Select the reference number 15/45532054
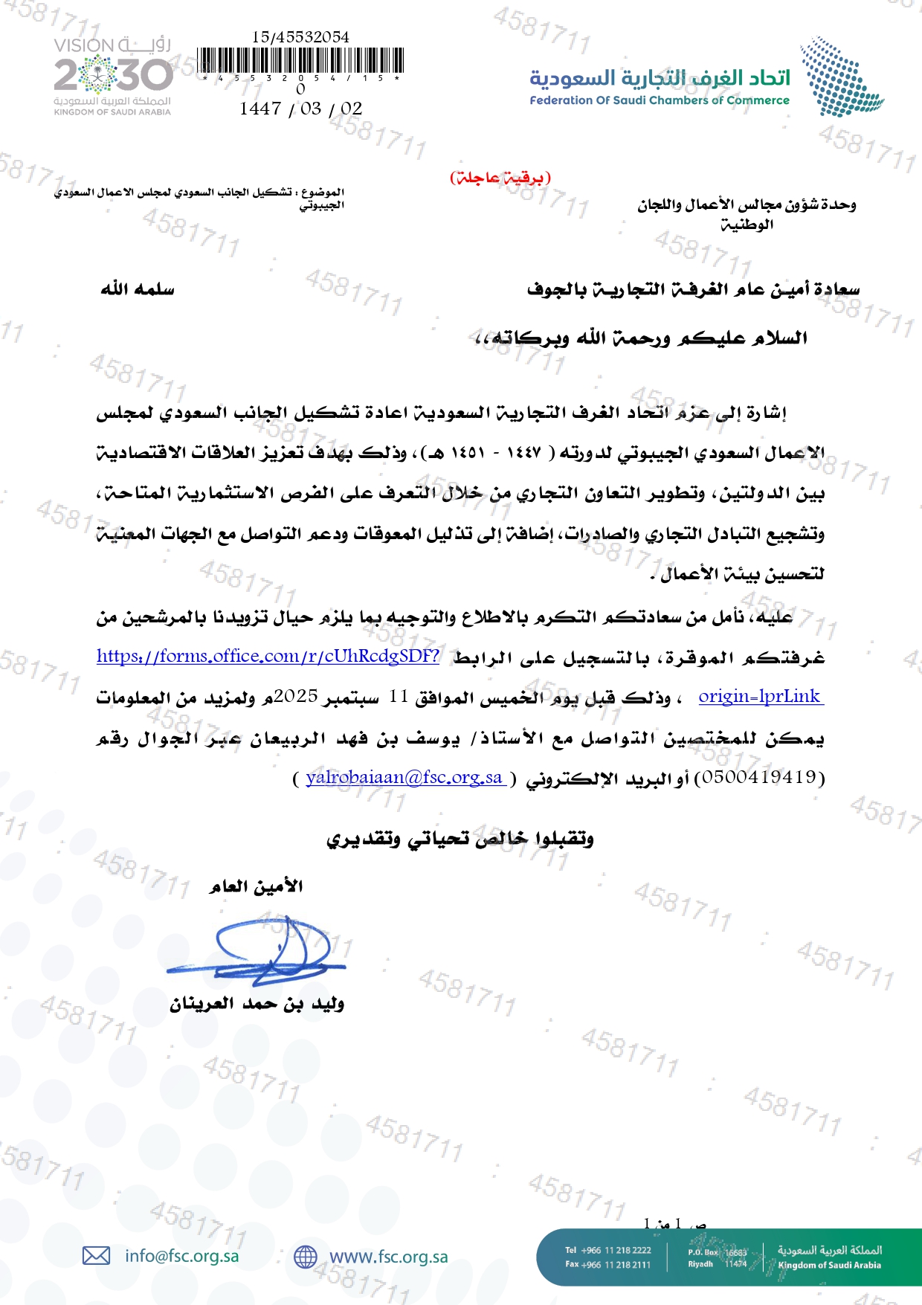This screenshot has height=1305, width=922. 300,36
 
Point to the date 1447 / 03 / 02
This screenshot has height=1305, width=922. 300,109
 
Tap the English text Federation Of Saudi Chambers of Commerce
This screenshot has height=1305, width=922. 659,100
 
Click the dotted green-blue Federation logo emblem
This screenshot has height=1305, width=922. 840,77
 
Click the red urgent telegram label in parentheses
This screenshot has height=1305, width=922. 500,177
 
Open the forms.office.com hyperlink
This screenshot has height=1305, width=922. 268,656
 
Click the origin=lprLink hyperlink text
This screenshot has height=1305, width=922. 760,697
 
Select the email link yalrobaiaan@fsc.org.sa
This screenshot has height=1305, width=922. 404,778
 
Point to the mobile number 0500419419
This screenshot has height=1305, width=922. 759,778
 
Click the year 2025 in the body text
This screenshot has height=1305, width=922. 296,697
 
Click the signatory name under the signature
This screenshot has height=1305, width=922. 257,1005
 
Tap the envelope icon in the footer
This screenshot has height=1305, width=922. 96,1256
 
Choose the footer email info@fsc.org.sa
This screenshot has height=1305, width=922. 182,1256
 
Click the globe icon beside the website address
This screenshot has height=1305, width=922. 305,1257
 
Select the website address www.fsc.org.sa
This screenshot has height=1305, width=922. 388,1257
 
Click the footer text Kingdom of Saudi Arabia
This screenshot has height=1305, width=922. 829,1265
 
